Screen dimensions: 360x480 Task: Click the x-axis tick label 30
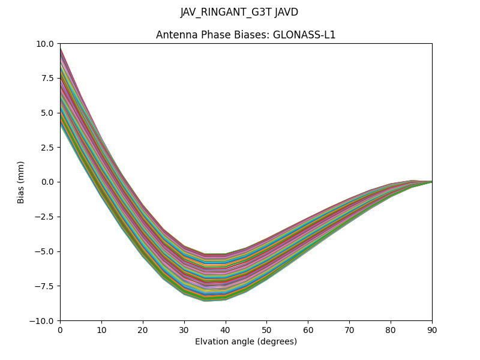click(184, 329)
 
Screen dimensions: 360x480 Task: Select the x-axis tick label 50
click(266, 329)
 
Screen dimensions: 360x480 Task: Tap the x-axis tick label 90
click(432, 329)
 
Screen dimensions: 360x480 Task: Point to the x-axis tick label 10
click(101, 329)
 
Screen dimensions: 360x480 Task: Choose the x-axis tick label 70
click(349, 329)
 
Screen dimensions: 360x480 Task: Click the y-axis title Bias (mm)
click(21, 182)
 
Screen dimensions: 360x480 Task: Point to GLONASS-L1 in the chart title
click(304, 35)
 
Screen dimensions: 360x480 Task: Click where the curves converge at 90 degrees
click(431, 181)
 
